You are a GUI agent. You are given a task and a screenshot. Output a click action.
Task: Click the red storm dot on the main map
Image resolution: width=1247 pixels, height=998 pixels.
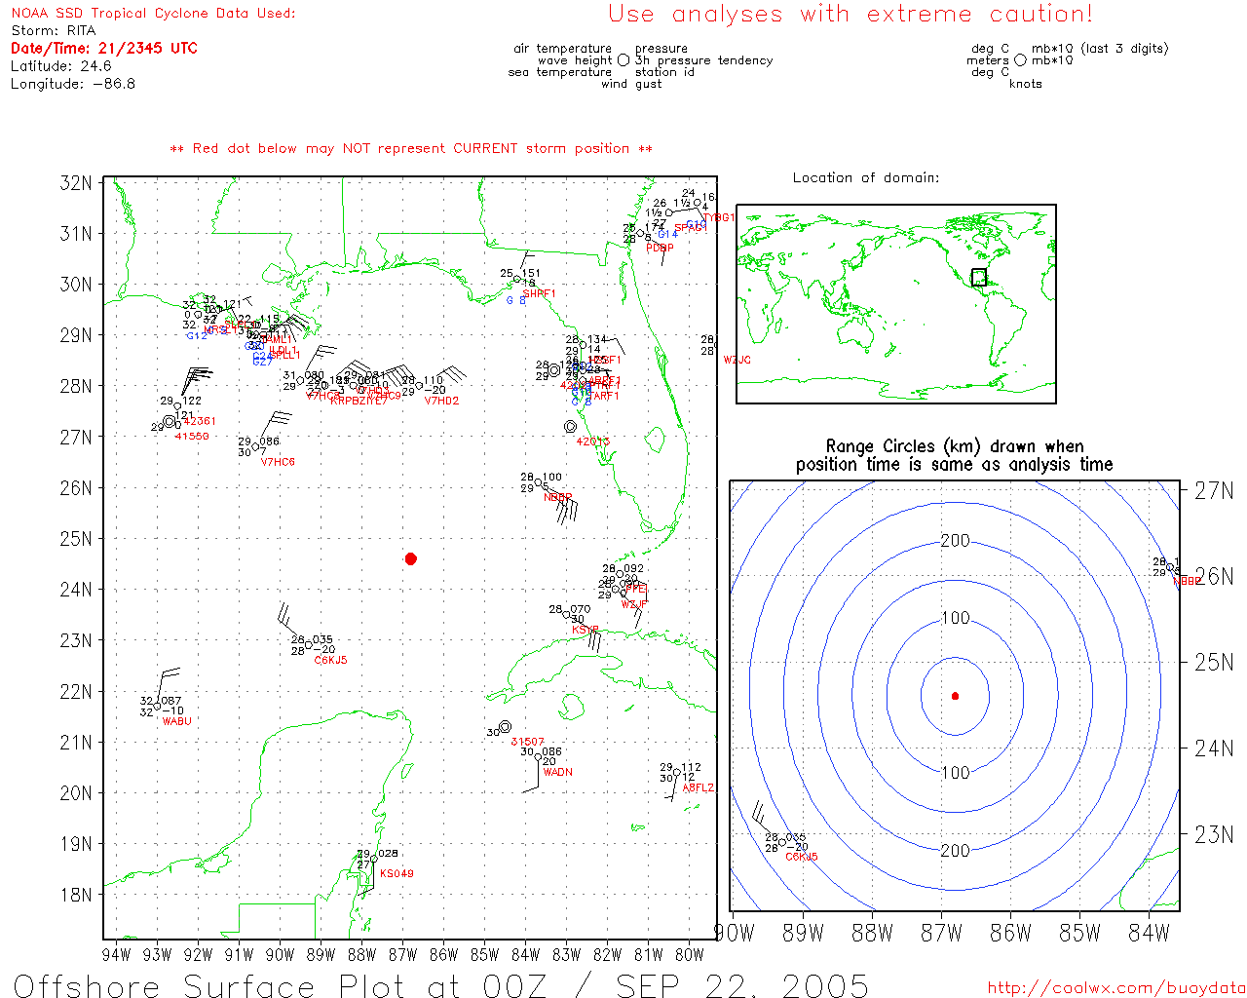point(411,558)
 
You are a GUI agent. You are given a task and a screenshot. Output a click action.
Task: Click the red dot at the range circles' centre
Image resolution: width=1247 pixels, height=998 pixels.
point(955,696)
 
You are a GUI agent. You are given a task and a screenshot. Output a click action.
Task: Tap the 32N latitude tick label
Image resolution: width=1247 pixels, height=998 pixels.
point(76,183)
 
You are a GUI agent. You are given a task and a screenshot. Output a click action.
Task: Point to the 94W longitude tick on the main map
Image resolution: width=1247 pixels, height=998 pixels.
point(116,955)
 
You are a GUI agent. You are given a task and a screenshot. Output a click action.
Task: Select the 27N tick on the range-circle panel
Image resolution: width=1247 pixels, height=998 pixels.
point(1214,490)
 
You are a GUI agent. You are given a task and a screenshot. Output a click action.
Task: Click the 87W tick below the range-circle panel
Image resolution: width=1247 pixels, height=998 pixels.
point(941,934)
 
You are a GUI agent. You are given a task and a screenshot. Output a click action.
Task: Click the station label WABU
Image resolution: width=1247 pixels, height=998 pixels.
point(176,721)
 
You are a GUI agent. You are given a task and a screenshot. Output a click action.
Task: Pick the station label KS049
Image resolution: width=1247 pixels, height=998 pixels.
point(397,873)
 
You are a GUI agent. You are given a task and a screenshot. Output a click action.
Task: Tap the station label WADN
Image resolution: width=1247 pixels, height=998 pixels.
point(557,772)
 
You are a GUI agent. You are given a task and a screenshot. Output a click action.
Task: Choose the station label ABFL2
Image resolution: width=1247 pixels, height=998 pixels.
point(698,787)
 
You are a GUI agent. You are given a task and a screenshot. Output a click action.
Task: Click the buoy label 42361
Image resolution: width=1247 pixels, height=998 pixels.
point(200,421)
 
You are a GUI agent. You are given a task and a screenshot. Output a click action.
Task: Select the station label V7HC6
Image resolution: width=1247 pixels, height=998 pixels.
point(278,462)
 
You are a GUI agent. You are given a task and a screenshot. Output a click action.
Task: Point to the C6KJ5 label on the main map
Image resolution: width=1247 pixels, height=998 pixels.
point(330,661)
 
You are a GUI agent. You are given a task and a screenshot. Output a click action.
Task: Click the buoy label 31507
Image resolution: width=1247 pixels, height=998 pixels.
point(527,742)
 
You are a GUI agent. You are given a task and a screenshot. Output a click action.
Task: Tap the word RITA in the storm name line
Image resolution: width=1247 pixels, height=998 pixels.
point(81,31)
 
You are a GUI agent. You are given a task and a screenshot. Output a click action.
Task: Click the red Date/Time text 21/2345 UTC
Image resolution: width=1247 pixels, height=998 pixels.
point(147,48)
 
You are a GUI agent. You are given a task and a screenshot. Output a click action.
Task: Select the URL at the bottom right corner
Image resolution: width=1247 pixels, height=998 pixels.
point(1116,987)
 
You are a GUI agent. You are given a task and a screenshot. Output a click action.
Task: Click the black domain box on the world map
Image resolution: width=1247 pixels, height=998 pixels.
point(978,278)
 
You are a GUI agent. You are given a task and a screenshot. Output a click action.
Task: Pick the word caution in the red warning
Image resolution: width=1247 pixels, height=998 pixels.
point(1040,14)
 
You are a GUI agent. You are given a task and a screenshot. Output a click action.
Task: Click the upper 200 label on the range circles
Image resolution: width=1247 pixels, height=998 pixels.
point(955,541)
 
